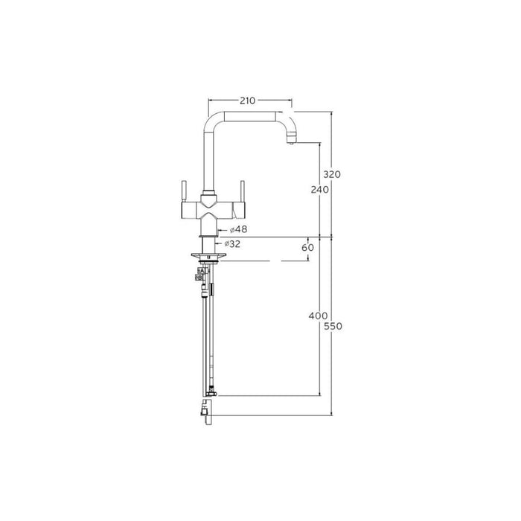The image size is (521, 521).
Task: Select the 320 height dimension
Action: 332,173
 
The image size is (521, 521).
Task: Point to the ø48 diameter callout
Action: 238,229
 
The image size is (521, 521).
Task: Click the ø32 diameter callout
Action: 232,243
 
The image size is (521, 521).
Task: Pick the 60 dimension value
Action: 307,247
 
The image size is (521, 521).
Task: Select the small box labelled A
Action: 198,271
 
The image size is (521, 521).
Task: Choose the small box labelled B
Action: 198,278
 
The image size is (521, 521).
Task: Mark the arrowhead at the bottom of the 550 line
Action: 332,412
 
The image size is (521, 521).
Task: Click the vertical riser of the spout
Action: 208,160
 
